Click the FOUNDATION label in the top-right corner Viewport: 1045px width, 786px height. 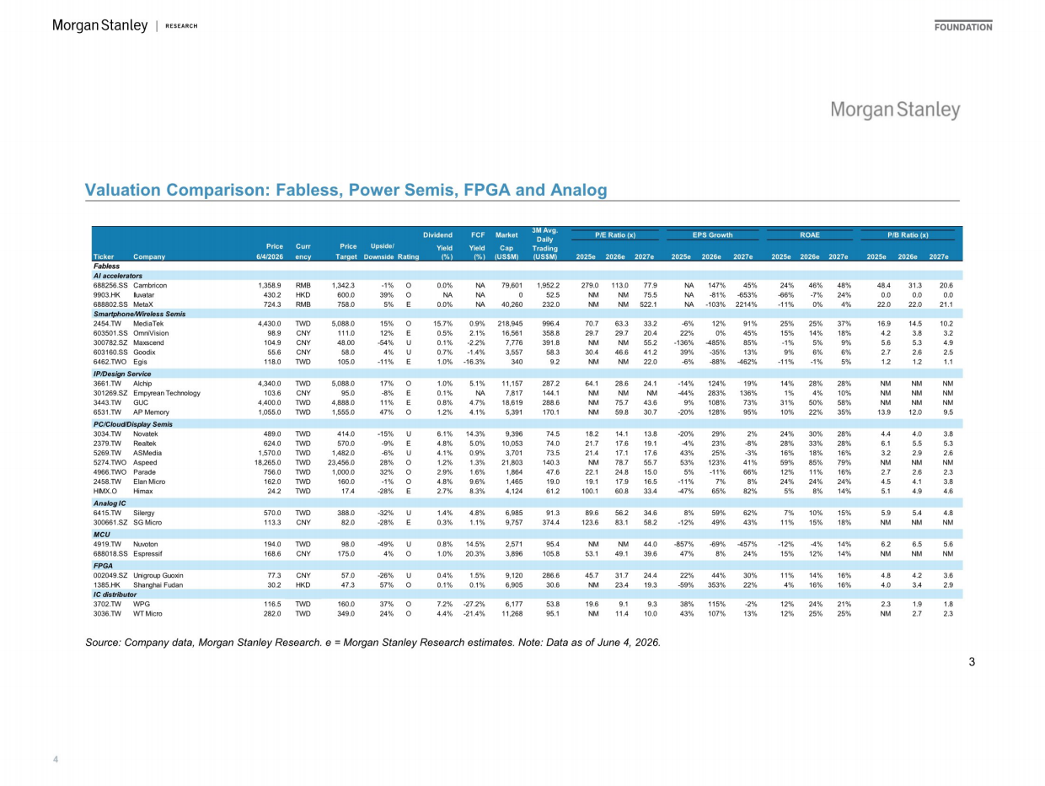tap(963, 27)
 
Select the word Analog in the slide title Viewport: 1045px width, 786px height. tap(578, 190)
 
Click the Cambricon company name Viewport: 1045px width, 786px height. tap(150, 285)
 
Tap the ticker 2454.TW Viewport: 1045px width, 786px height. tap(107, 324)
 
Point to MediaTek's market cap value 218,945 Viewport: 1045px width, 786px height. tap(510, 324)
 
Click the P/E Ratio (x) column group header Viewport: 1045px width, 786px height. tap(615, 234)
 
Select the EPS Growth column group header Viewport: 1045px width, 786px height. tap(712, 234)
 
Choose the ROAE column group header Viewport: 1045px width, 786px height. tap(809, 234)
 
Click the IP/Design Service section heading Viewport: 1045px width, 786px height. tap(122, 374)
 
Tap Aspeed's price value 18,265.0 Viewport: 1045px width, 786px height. tap(267, 462)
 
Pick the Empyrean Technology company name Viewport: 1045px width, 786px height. tap(167, 393)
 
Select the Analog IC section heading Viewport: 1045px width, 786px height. tap(110, 503)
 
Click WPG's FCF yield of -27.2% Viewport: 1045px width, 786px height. tap(474, 604)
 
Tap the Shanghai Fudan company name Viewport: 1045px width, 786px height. tap(158, 585)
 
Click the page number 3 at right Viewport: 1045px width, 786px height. tap(972, 662)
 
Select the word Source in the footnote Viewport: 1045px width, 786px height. tap(102, 643)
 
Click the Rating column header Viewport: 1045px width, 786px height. tap(408, 256)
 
